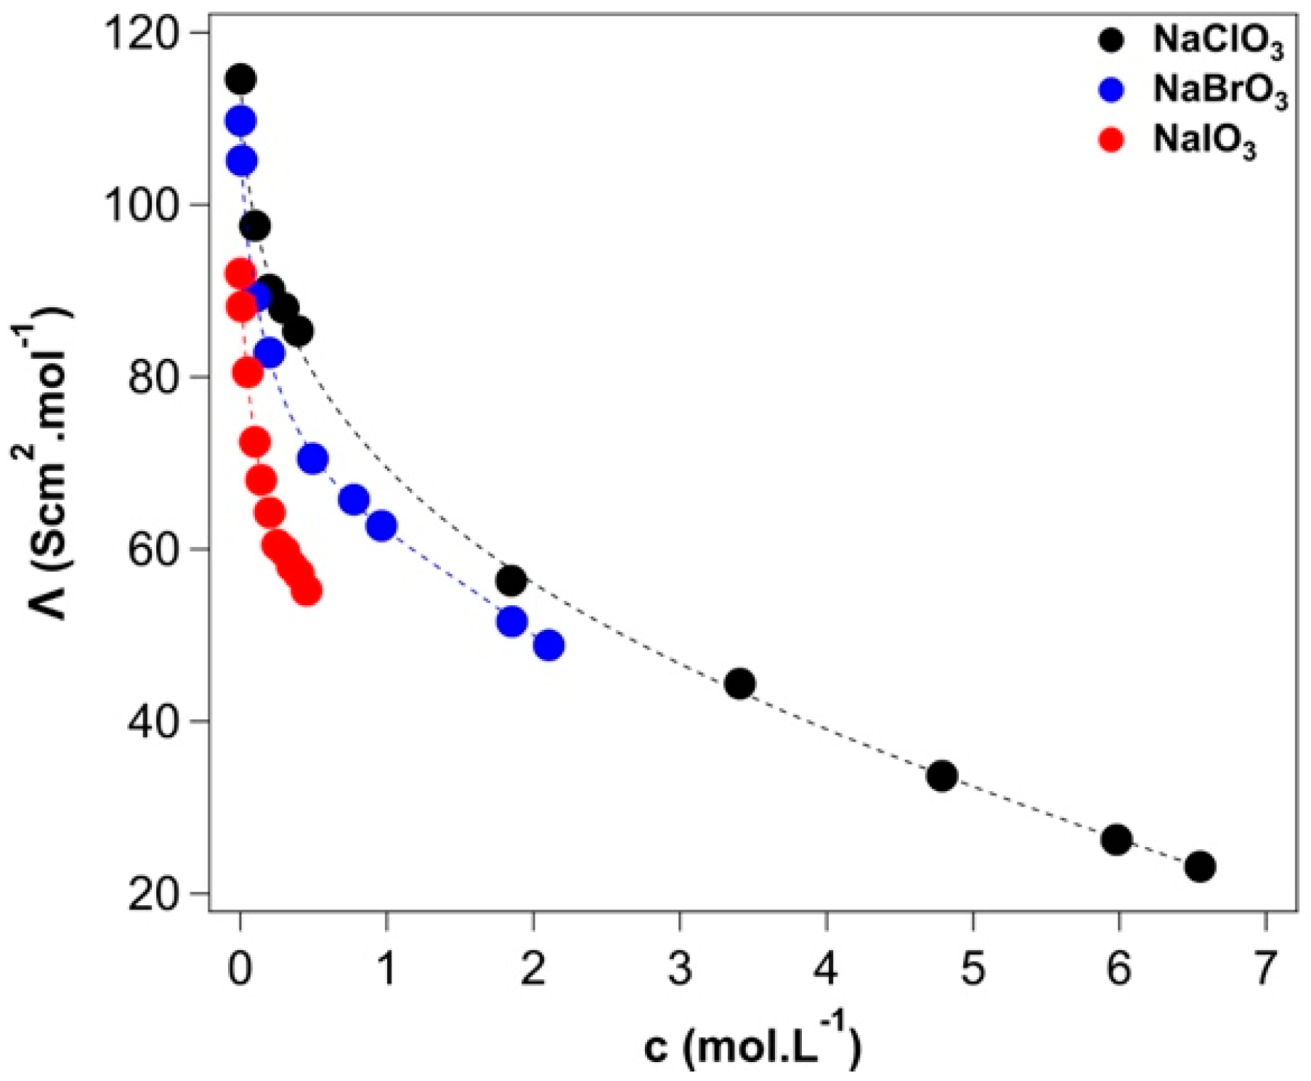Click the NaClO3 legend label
pyautogui.click(x=1218, y=42)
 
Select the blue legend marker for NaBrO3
pyautogui.click(x=1111, y=90)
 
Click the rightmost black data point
pyautogui.click(x=1200, y=867)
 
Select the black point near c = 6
pyautogui.click(x=1116, y=840)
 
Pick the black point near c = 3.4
pyautogui.click(x=739, y=684)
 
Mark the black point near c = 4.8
pyautogui.click(x=942, y=776)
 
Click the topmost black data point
pyautogui.click(x=240, y=79)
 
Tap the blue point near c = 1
pyautogui.click(x=382, y=526)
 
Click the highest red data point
pyautogui.click(x=240, y=274)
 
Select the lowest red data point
pyautogui.click(x=307, y=591)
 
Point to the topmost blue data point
pyautogui.click(x=240, y=121)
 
